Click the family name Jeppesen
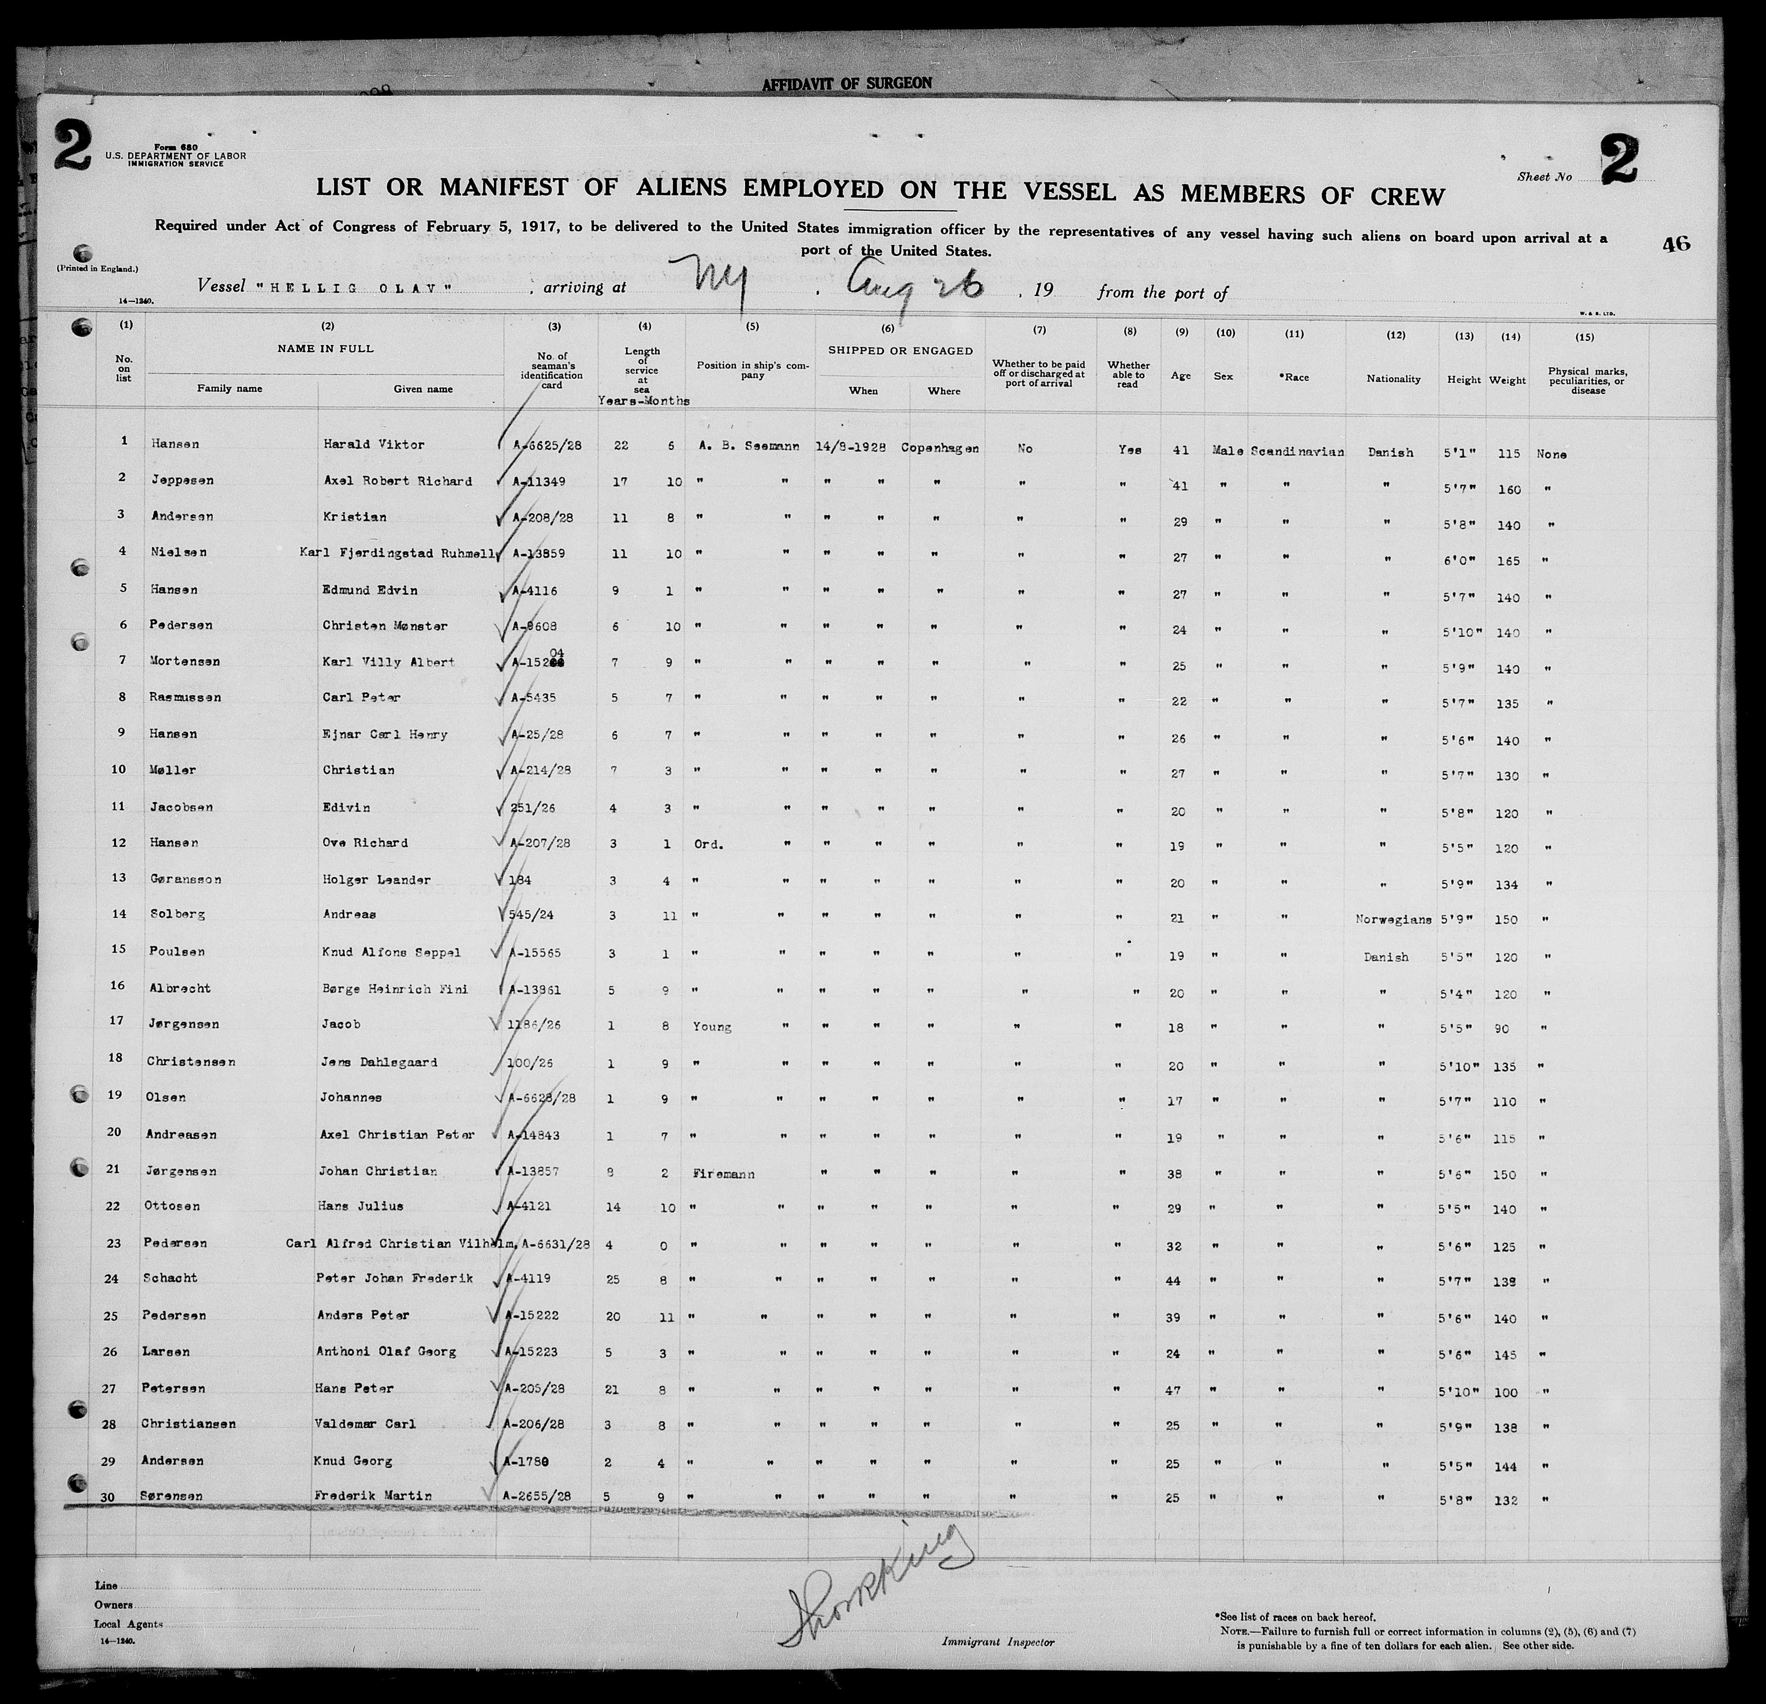pos(181,480)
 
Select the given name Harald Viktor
pos(374,444)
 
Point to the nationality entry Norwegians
pos(1393,920)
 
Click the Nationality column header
pos(1393,379)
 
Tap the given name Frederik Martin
pos(372,1496)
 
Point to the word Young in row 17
pos(712,1026)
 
